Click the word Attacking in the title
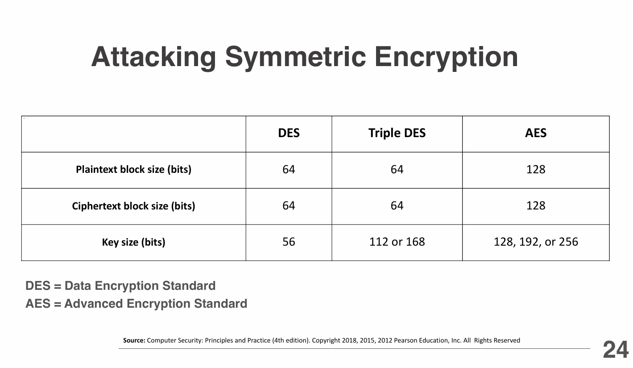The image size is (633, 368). pyautogui.click(x=153, y=58)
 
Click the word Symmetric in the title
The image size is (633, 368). pyautogui.click(x=295, y=58)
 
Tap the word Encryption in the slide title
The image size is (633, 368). pyautogui.click(x=446, y=58)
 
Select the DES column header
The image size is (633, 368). pyautogui.click(x=289, y=133)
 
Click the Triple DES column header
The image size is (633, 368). pyautogui.click(x=397, y=133)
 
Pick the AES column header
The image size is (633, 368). pyautogui.click(x=536, y=133)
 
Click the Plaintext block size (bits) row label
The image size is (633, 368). pyautogui.click(x=133, y=170)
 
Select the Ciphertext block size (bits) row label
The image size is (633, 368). pyautogui.click(x=133, y=206)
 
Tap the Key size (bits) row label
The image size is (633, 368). pyautogui.click(x=133, y=242)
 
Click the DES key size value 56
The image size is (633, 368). pyautogui.click(x=289, y=242)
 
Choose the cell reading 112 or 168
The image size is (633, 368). pyautogui.click(x=397, y=242)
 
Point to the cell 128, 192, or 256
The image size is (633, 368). pyautogui.click(x=536, y=242)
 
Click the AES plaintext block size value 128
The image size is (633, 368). pyautogui.click(x=536, y=169)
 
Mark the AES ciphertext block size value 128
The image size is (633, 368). pyautogui.click(x=536, y=205)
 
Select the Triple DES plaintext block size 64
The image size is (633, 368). pyautogui.click(x=397, y=169)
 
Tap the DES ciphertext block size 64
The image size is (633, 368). pyautogui.click(x=289, y=205)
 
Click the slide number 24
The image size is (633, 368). pyautogui.click(x=616, y=350)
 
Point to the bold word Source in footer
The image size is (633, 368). pyautogui.click(x=134, y=340)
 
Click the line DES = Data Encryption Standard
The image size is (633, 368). pyautogui.click(x=120, y=286)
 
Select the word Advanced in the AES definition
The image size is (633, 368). pyautogui.click(x=94, y=304)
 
